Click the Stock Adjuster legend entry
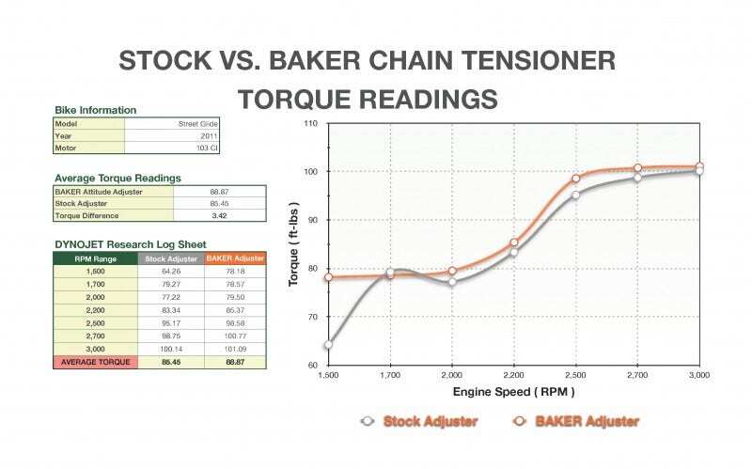point(419,421)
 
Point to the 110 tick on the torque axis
point(310,124)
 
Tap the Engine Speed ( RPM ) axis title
point(513,391)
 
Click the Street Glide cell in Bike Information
point(197,123)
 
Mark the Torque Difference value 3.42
point(219,215)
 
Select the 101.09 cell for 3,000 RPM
point(235,349)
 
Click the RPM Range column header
point(95,258)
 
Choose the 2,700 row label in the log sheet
point(95,336)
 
